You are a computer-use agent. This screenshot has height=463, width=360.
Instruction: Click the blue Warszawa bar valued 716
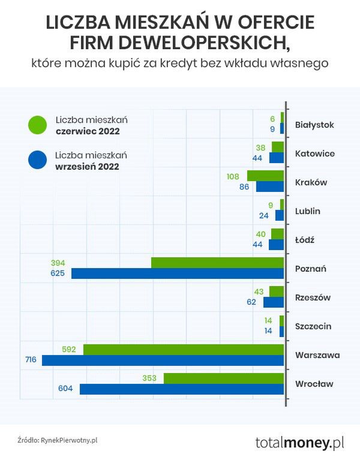point(163,360)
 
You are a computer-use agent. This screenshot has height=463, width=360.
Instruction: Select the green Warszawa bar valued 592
point(183,349)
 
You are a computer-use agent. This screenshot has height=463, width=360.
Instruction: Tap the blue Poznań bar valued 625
point(177,273)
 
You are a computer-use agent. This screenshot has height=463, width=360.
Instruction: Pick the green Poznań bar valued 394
point(217,263)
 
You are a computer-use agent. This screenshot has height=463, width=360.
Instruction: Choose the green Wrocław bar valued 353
point(223,378)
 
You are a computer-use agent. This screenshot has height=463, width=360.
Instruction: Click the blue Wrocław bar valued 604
point(181,389)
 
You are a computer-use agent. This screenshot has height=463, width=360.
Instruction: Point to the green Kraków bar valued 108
point(265,176)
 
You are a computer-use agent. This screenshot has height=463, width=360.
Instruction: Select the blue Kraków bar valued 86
point(269,187)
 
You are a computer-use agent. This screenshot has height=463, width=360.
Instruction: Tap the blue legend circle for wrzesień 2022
point(37,160)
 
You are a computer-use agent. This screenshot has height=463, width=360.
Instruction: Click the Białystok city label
point(314,125)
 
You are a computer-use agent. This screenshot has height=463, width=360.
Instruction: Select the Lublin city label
point(308,211)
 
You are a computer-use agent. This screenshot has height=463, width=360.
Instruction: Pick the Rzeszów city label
point(313,297)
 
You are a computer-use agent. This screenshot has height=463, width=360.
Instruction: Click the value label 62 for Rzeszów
point(251,302)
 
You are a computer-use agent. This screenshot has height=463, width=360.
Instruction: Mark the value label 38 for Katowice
point(260,148)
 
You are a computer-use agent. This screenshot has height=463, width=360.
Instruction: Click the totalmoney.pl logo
point(299,443)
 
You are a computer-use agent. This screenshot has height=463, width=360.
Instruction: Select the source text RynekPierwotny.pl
point(68,440)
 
